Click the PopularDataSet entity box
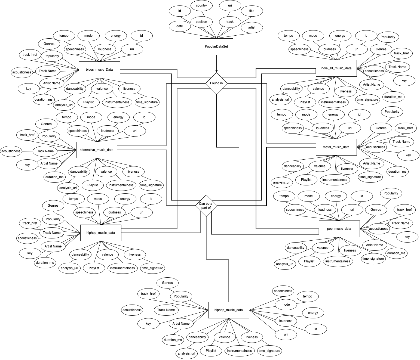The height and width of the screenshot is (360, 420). [x=216, y=46]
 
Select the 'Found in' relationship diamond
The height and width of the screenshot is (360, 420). [x=216, y=83]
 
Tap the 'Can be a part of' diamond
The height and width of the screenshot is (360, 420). [x=206, y=206]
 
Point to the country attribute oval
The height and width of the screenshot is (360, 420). [x=201, y=5]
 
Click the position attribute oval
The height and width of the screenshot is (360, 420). [x=201, y=22]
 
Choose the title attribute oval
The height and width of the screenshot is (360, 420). [x=252, y=11]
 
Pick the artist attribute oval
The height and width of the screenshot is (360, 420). [x=252, y=27]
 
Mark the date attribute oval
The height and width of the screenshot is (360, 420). [x=180, y=26]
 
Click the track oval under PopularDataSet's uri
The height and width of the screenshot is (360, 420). [x=230, y=22]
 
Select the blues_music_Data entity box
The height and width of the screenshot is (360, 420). [x=99, y=70]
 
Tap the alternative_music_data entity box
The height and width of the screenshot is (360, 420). [x=97, y=150]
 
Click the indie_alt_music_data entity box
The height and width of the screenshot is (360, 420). [x=336, y=68]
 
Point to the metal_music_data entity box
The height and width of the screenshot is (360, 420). [x=336, y=147]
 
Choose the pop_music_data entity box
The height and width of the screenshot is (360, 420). [x=339, y=229]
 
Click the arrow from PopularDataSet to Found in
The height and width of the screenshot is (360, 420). [x=216, y=64]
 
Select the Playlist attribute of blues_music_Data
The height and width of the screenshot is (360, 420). [x=88, y=102]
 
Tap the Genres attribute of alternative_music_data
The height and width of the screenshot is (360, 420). [x=46, y=124]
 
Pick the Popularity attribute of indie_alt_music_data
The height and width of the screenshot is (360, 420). [x=388, y=37]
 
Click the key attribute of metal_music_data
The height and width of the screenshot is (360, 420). [x=408, y=155]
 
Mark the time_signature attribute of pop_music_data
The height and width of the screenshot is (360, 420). [x=373, y=259]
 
